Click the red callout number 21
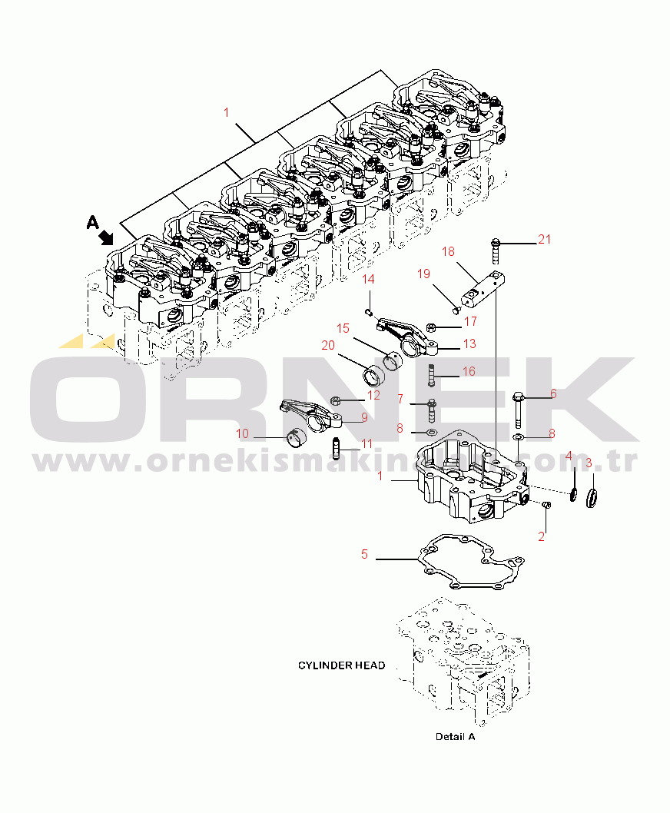click(x=544, y=239)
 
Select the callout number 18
click(x=448, y=251)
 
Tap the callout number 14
click(x=368, y=280)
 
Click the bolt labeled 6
click(x=518, y=410)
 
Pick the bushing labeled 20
click(x=373, y=377)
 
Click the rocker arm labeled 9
click(x=312, y=414)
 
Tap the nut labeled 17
click(x=430, y=327)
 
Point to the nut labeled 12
click(x=336, y=400)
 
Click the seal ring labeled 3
click(x=591, y=498)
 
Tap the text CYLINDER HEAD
click(x=341, y=665)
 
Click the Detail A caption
click(x=456, y=736)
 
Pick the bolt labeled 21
click(x=496, y=251)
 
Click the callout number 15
click(x=343, y=328)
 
